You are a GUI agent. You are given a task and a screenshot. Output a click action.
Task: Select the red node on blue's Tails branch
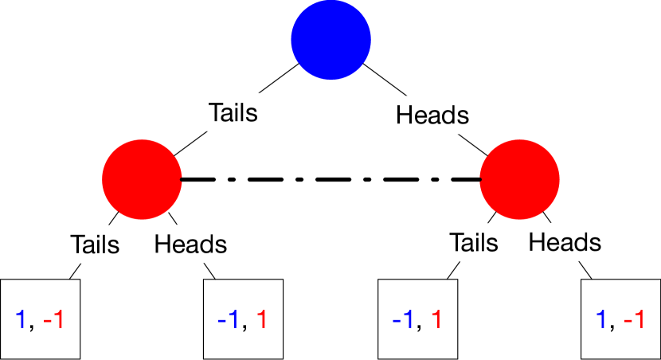click(x=143, y=179)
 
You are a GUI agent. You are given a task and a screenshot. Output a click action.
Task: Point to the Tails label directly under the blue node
click(x=233, y=112)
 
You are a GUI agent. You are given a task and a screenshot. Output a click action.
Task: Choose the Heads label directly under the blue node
click(x=432, y=115)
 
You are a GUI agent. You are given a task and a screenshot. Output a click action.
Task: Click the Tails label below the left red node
click(x=95, y=243)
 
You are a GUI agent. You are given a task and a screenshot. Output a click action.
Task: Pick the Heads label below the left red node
click(x=190, y=243)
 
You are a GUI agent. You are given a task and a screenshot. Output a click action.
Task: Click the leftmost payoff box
click(x=41, y=319)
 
